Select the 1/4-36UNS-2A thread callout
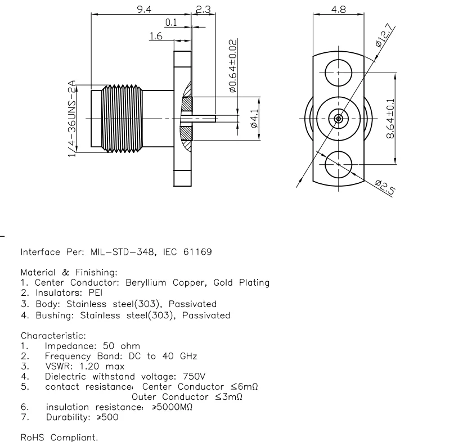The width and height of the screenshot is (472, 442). pos(72,119)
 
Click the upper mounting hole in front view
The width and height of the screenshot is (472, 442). pos(339,73)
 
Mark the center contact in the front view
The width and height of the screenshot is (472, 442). pos(338,119)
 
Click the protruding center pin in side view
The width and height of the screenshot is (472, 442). pos(205,119)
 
